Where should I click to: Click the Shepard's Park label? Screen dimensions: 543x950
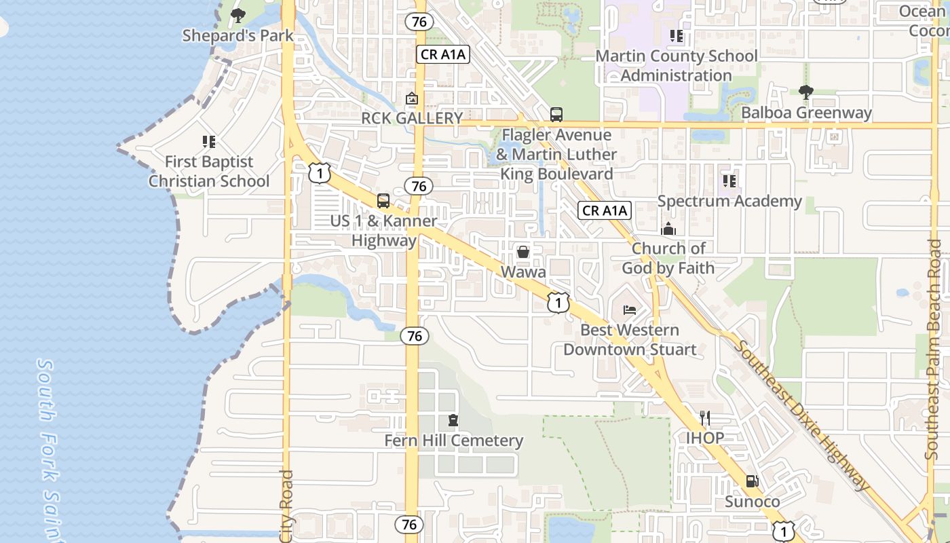click(237, 35)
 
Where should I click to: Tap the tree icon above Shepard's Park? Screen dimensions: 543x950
click(237, 15)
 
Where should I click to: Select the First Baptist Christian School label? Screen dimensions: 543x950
click(209, 172)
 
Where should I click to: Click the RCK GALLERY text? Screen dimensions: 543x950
click(411, 118)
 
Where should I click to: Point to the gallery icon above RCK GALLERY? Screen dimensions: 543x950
click(411, 98)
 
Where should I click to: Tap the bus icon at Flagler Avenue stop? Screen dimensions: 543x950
click(556, 114)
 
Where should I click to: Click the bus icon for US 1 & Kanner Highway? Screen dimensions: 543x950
click(383, 200)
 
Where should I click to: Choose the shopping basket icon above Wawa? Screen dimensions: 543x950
click(523, 252)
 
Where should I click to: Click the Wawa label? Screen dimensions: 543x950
click(523, 272)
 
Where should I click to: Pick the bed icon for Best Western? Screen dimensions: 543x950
click(630, 310)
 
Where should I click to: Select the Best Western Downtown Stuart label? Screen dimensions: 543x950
click(630, 340)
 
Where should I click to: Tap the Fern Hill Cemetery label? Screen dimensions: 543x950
click(453, 441)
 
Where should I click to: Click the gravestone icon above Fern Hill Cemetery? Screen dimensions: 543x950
click(453, 421)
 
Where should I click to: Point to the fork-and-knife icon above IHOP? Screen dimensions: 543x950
click(705, 417)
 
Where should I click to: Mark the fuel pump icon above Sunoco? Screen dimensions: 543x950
click(752, 481)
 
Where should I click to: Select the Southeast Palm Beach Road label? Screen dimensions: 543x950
click(934, 349)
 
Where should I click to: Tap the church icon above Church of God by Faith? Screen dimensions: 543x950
click(668, 229)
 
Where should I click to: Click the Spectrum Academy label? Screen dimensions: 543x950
click(729, 202)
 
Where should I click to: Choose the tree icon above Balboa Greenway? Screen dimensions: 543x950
click(806, 92)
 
